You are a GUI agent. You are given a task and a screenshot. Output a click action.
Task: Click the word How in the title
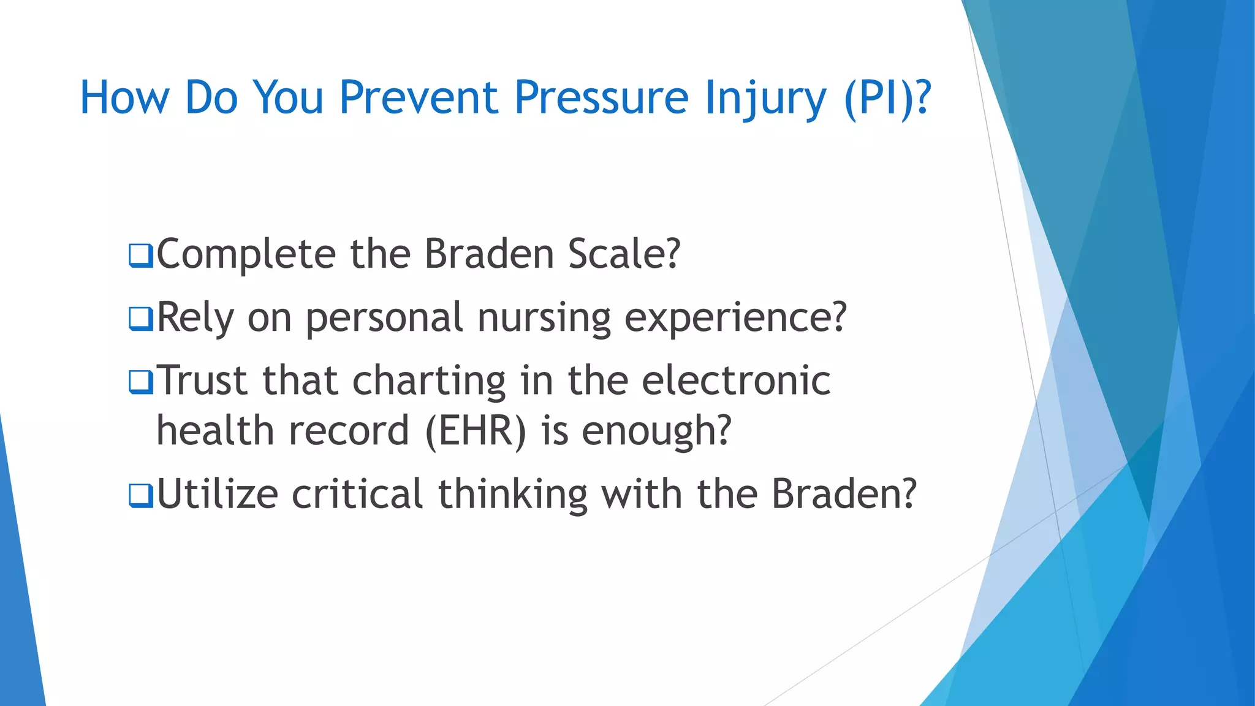(x=124, y=97)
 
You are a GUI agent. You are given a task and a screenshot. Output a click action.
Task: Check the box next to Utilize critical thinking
(x=140, y=496)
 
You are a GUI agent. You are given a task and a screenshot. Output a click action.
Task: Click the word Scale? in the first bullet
(x=624, y=254)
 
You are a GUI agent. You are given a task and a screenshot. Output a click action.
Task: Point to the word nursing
(x=544, y=317)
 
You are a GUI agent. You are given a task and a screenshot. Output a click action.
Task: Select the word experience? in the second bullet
(x=735, y=317)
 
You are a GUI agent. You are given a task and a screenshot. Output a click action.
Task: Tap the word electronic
(x=736, y=381)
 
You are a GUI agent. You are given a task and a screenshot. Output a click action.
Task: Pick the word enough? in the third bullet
(x=656, y=431)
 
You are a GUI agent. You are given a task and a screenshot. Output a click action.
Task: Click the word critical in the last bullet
(x=357, y=494)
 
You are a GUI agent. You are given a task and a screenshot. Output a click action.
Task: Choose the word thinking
(x=512, y=494)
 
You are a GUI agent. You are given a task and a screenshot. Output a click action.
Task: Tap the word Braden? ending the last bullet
(x=844, y=494)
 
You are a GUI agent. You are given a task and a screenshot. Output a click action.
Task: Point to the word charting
(x=429, y=381)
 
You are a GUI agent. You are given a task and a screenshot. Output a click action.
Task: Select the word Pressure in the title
(x=601, y=97)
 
